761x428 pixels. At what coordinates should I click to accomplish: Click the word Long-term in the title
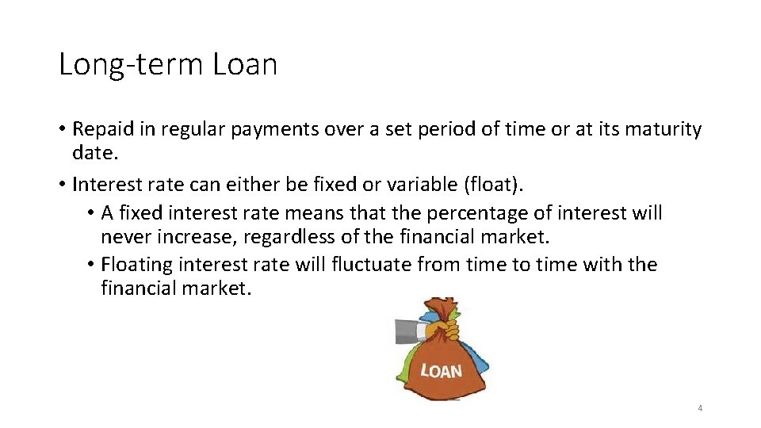pyautogui.click(x=131, y=65)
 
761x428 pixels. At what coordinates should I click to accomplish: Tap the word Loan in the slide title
pyautogui.click(x=245, y=64)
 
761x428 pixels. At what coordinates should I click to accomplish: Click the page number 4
pyautogui.click(x=700, y=408)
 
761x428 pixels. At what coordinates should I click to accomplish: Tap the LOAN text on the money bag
pyautogui.click(x=441, y=370)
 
